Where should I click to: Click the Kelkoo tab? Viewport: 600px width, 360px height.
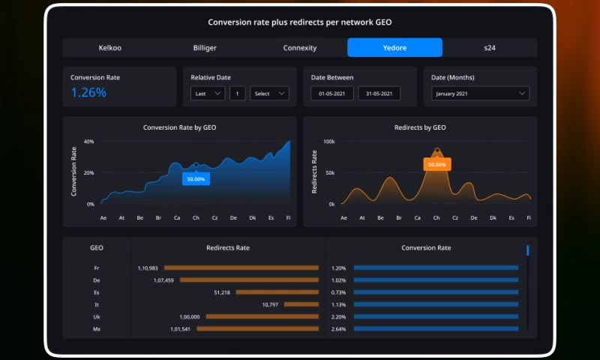[x=109, y=48]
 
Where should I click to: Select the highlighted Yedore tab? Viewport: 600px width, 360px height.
[x=394, y=48]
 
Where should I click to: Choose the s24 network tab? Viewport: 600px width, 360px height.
[x=489, y=48]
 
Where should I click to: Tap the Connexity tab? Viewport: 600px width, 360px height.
[x=300, y=48]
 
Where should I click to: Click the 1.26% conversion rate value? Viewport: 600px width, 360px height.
[x=88, y=93]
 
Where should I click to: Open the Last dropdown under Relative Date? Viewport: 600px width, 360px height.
[x=208, y=94]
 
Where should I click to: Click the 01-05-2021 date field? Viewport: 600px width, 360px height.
[x=332, y=94]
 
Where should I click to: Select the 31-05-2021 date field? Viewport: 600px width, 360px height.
[x=379, y=94]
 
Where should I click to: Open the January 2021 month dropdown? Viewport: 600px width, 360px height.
[x=480, y=94]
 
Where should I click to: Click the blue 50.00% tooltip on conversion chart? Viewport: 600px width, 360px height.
[x=196, y=179]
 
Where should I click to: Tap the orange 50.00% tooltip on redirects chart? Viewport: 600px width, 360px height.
[x=436, y=164]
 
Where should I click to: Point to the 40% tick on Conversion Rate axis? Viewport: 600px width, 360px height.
[x=88, y=142]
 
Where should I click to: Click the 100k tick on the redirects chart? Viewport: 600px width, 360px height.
[x=328, y=142]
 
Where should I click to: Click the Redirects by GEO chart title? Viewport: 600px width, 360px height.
[x=420, y=127]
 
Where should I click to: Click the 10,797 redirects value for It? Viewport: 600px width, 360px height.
[x=270, y=304]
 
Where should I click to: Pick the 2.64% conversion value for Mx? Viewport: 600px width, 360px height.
[x=338, y=329]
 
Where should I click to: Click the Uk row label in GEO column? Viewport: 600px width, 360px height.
[x=97, y=317]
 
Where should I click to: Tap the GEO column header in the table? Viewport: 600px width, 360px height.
[x=97, y=247]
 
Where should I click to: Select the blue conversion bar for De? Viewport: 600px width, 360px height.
[x=436, y=280]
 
